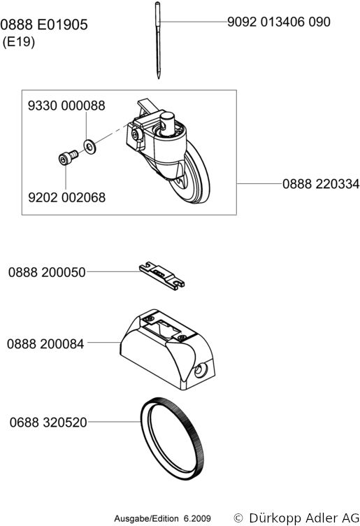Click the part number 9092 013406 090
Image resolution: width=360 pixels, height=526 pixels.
(278, 22)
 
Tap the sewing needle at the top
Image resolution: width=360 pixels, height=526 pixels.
(158, 41)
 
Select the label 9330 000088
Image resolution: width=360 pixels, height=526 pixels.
(66, 106)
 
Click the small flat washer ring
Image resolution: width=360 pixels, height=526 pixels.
(89, 147)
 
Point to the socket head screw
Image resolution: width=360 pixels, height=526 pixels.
(68, 157)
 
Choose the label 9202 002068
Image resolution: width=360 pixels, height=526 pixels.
(66, 197)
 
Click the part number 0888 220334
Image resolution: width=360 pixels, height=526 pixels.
(321, 184)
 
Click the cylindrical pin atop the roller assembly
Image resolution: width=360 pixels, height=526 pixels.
(167, 123)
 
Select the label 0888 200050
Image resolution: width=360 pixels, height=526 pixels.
(47, 272)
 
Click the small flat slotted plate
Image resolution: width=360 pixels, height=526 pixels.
(161, 276)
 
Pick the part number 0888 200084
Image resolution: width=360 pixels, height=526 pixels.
(45, 344)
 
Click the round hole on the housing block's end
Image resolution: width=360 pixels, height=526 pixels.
(200, 370)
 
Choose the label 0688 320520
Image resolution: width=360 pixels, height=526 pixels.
(48, 422)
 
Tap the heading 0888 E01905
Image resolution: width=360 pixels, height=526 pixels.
(44, 24)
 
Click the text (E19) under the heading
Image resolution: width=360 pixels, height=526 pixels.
(19, 42)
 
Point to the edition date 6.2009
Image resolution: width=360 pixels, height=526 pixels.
(197, 518)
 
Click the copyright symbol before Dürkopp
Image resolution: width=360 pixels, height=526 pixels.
(238, 518)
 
